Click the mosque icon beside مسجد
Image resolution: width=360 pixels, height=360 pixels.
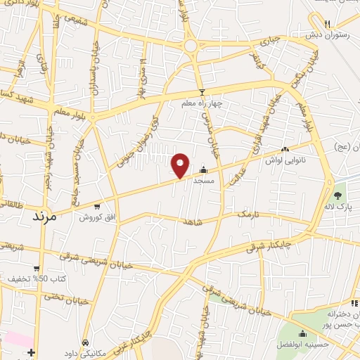(203, 169)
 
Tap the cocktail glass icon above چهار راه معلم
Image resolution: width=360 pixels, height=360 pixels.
(202, 92)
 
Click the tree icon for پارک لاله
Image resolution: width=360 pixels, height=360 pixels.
(337, 195)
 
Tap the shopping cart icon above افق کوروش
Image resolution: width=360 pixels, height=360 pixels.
(96, 207)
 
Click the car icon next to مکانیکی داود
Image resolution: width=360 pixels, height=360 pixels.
(85, 342)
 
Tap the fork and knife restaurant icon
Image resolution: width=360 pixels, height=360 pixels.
(327, 24)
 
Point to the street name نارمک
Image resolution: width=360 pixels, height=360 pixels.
(247, 214)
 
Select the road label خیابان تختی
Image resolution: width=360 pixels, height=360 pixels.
(67, 299)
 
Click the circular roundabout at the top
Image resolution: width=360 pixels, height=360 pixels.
(191, 45)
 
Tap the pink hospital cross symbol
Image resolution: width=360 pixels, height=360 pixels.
(30, 351)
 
